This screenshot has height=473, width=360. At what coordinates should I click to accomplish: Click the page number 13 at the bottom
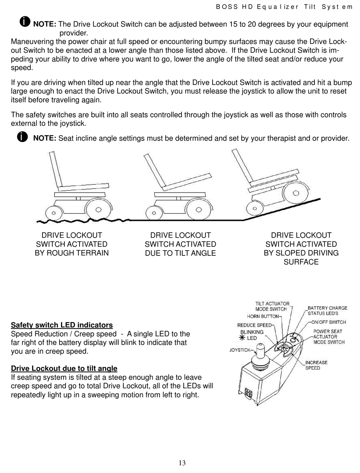point(182,463)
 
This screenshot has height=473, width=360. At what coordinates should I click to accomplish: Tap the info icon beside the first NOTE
point(25,22)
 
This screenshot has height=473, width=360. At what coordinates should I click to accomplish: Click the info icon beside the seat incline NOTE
point(22,137)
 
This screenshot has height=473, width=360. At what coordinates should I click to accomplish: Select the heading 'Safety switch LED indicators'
point(62,325)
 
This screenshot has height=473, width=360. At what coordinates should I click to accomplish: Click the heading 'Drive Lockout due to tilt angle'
point(64,368)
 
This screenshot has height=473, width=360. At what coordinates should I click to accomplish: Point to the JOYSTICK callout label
point(240,350)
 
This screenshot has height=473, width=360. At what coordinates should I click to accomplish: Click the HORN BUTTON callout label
point(263,316)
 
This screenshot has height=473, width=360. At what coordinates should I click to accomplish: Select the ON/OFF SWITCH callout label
point(328,322)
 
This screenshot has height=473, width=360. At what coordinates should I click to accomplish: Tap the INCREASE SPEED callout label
point(316,365)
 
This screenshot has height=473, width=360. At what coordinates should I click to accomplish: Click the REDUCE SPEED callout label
point(254,325)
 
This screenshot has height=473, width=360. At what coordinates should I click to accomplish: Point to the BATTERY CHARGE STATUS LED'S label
point(327,311)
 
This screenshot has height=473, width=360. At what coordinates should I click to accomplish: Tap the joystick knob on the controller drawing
point(260,348)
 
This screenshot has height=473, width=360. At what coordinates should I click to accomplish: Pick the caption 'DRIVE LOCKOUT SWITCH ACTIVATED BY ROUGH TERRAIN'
point(72,244)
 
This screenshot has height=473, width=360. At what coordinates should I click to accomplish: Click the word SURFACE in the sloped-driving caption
point(301,262)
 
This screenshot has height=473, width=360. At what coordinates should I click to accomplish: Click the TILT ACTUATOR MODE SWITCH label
point(272,306)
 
